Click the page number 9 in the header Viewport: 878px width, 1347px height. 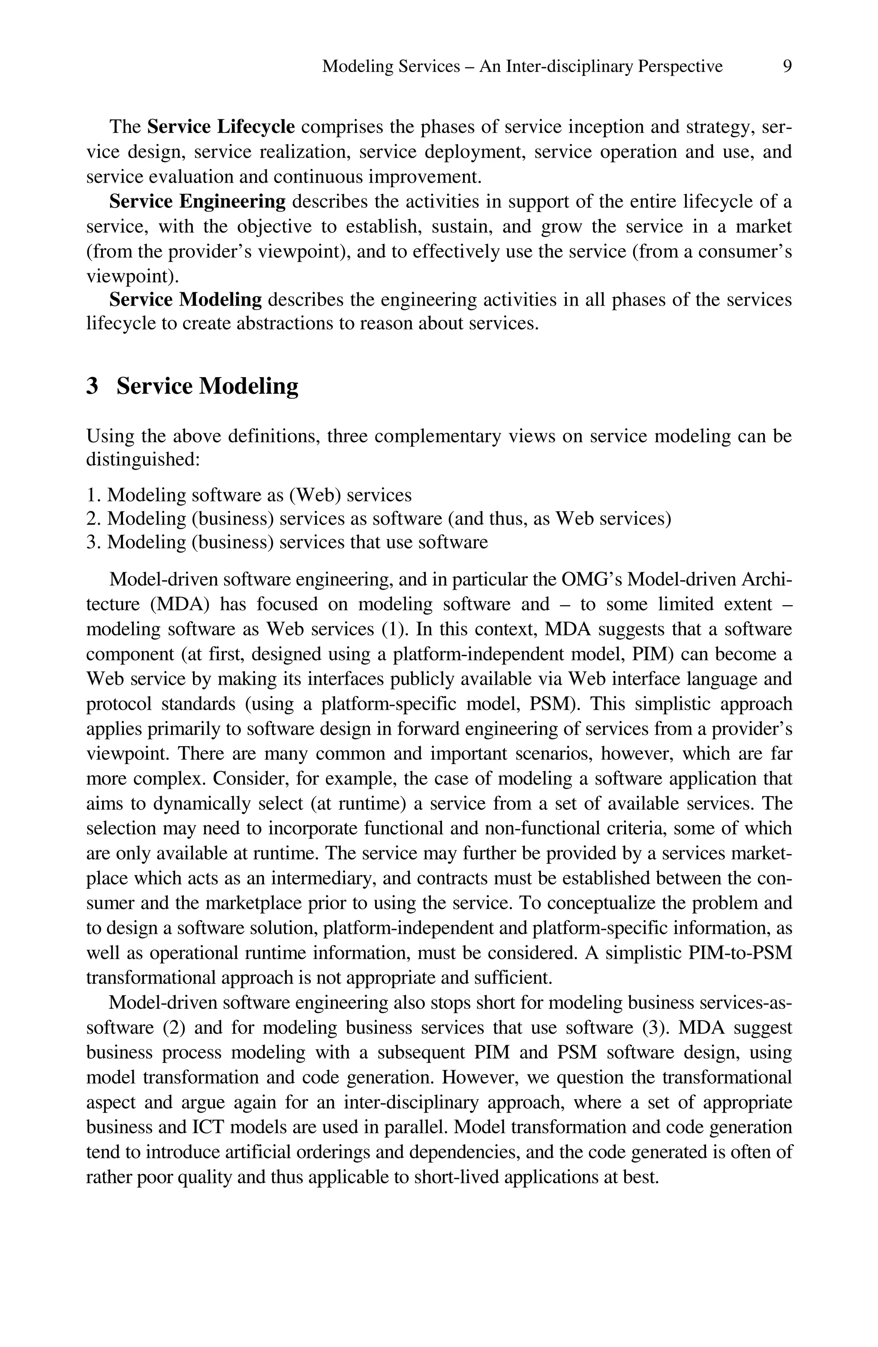point(786,67)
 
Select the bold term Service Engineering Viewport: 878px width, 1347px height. point(197,201)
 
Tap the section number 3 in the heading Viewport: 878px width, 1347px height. point(92,387)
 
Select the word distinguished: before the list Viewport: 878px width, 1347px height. point(143,459)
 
